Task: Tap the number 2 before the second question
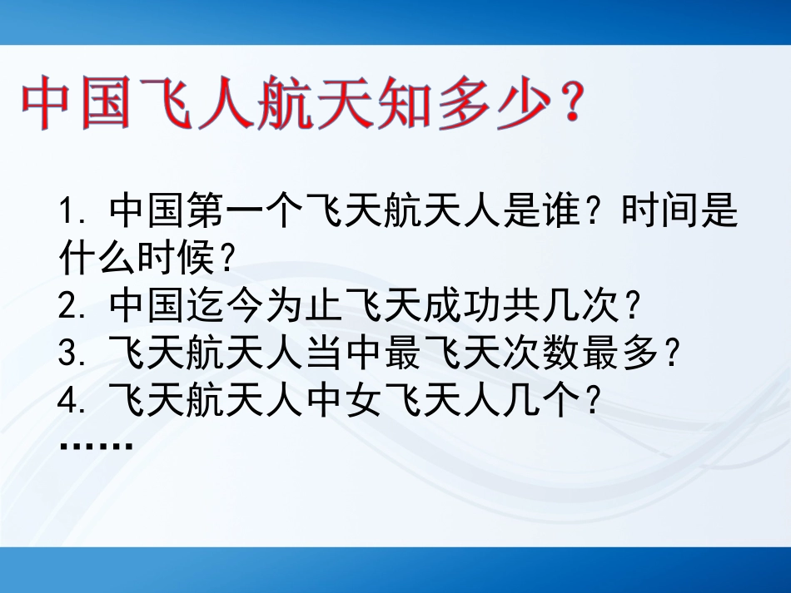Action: (68, 308)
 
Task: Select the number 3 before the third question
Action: (68, 355)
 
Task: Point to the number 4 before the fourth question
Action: (68, 403)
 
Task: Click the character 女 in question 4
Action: (363, 403)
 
